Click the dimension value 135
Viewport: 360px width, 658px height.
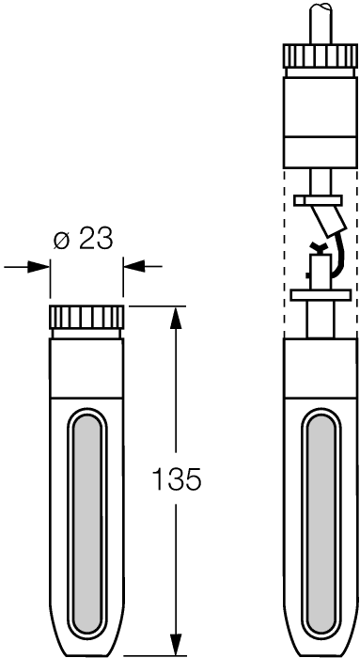176,478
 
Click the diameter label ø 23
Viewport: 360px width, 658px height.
84,240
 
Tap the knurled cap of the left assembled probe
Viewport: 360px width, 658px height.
86,318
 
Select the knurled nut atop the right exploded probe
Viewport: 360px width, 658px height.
321,55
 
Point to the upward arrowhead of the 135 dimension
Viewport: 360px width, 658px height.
177,318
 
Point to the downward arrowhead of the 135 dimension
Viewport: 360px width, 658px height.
177,643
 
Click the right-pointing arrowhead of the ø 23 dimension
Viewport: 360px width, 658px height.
39,266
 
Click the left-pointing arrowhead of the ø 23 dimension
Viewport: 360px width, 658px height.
134,266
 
